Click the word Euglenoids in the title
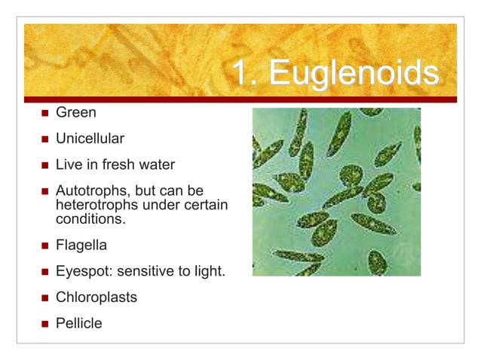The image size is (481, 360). tap(354, 74)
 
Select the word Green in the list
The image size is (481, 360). tap(75, 113)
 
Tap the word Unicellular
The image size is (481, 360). tap(90, 139)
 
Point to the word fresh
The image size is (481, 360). tap(126, 165)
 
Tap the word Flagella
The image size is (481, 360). tap(81, 245)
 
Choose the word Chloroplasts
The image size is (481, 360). tap(97, 297)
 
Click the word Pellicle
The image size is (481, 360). tap(78, 323)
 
